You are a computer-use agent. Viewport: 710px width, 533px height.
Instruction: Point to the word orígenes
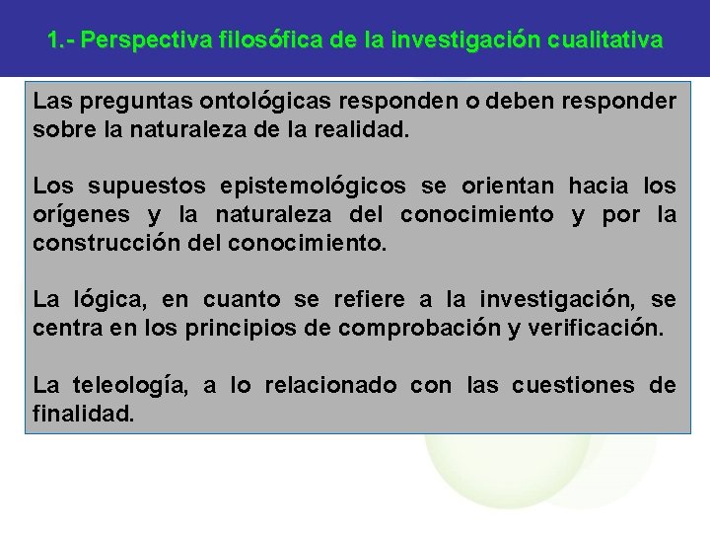click(76, 214)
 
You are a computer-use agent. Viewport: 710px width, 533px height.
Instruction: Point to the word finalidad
click(81, 413)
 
